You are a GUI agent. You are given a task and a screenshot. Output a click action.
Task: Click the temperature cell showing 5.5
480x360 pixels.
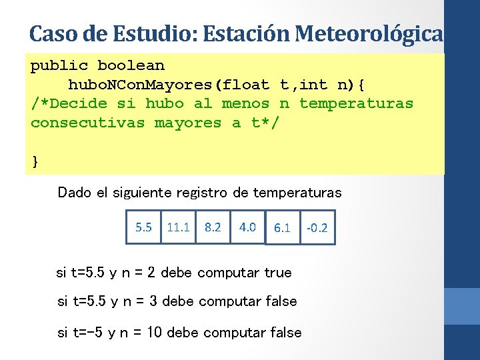click(143, 227)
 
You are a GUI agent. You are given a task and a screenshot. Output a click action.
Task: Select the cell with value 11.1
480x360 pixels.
click(179, 227)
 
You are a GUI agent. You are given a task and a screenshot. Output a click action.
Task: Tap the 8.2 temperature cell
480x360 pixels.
click(213, 227)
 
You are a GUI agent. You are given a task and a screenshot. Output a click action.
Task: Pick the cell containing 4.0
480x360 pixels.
click(247, 227)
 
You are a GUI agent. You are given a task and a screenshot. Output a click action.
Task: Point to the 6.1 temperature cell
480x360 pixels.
click(282, 228)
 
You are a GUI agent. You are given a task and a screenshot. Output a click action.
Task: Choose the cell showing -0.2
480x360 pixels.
click(317, 228)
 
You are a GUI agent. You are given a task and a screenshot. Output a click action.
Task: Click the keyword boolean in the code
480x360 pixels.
click(131, 65)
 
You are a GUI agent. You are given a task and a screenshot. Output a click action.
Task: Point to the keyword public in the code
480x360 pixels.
click(59, 65)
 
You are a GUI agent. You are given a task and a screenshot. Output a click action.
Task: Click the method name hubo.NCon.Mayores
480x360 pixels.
click(140, 85)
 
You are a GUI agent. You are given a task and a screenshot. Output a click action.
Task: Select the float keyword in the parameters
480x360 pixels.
click(246, 85)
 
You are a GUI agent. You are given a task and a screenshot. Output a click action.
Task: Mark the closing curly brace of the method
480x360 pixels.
click(35, 161)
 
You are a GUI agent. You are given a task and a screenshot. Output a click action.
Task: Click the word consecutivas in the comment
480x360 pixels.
click(87, 123)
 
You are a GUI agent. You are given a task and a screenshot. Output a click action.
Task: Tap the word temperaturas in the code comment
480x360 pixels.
click(356, 103)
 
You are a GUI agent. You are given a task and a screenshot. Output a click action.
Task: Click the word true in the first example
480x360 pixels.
click(278, 273)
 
